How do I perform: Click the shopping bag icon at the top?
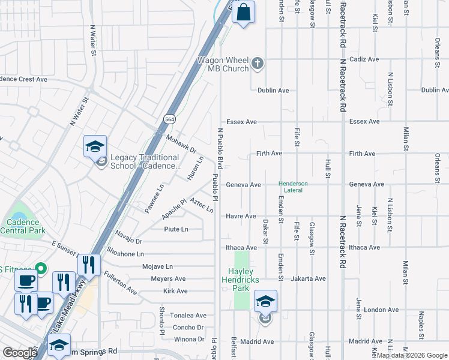[x=243, y=13]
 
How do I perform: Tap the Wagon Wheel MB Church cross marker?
[x=258, y=64]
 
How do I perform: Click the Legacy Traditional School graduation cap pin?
[x=95, y=146]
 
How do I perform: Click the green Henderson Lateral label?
[x=293, y=187]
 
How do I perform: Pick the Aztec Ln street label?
[x=201, y=206]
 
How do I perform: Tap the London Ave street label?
[x=381, y=310]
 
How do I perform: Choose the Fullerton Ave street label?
[x=120, y=283]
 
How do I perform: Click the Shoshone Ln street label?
[x=125, y=254]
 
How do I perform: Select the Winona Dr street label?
[x=188, y=339]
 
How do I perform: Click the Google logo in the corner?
[x=20, y=353]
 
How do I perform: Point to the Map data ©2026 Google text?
[x=412, y=355]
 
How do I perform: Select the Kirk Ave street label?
[x=175, y=291]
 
